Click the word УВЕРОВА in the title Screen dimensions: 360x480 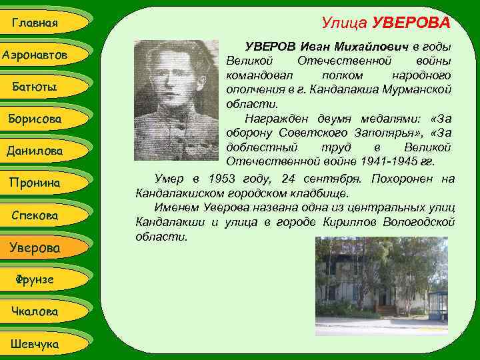(411, 24)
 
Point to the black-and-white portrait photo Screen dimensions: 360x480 (175, 101)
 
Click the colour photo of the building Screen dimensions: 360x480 (381, 286)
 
